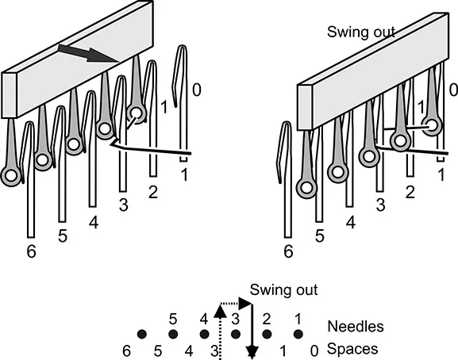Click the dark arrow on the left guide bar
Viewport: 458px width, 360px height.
[88, 53]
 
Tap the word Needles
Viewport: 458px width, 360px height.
[356, 326]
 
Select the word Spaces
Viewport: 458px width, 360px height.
[352, 349]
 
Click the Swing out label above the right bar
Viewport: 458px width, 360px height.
[361, 32]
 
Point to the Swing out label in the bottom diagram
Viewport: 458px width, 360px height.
[283, 289]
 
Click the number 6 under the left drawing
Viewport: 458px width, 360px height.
[31, 251]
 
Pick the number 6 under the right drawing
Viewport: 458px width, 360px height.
[288, 251]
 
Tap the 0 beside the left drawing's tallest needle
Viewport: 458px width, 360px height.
[197, 90]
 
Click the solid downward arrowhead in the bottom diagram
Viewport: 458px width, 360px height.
[252, 351]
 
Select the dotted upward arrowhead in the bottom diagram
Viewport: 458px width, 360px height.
[220, 311]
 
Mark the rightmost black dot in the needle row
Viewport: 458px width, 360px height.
[298, 334]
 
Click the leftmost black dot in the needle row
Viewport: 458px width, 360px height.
[142, 334]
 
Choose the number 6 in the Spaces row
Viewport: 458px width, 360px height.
[126, 350]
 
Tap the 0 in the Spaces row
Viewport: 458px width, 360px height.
[314, 351]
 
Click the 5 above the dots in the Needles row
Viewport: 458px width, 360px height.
[173, 320]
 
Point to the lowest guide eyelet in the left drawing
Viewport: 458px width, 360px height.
[11, 175]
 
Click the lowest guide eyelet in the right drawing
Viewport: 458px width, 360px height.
[306, 188]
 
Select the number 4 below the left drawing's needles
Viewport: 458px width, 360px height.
[94, 223]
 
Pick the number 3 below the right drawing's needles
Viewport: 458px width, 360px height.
[380, 205]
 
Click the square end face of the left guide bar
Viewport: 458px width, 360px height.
[9, 95]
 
